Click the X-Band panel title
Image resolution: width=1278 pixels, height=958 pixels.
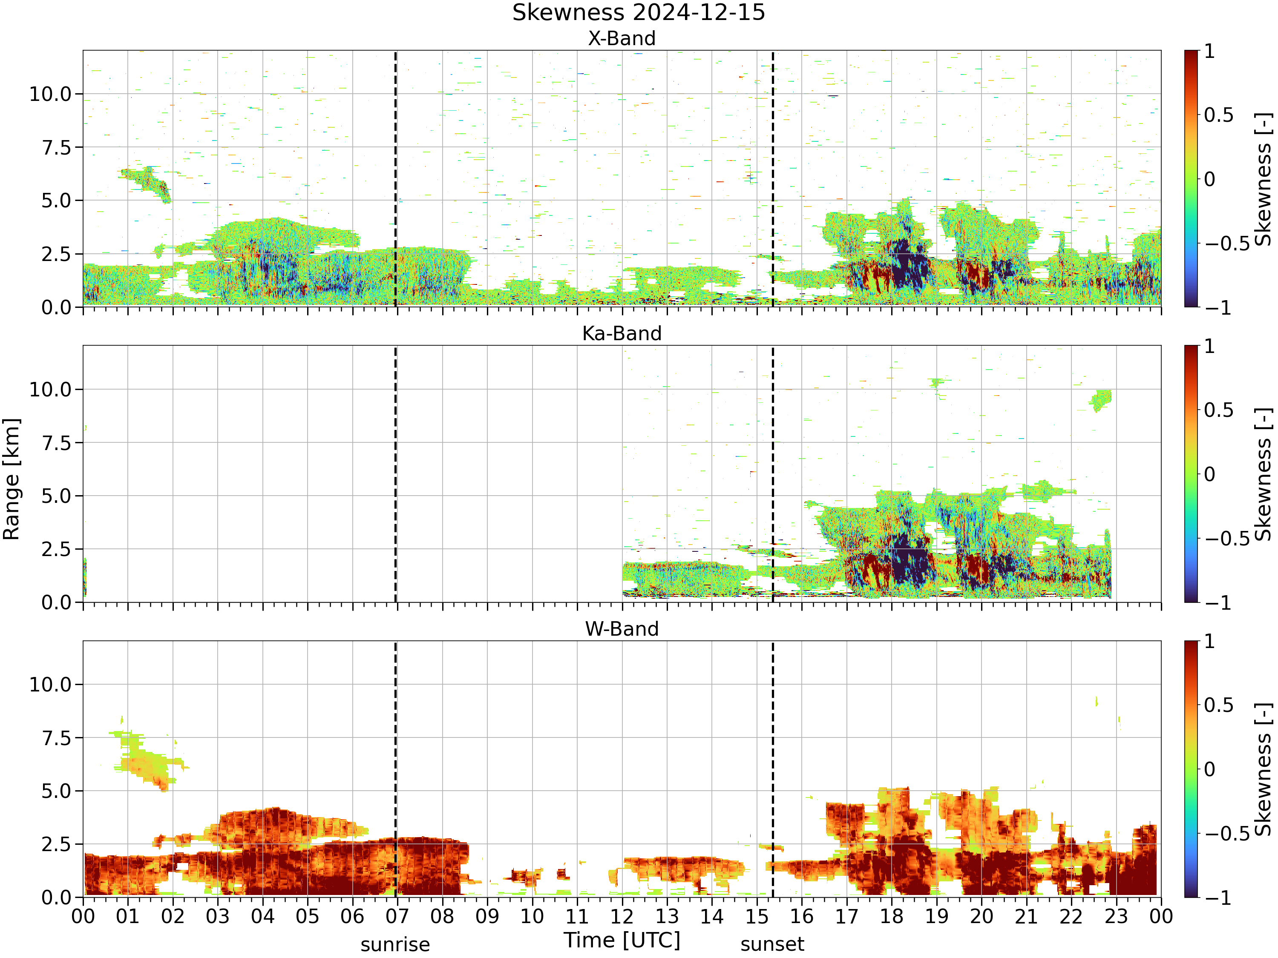(622, 39)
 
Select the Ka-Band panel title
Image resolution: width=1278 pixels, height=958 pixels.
(622, 334)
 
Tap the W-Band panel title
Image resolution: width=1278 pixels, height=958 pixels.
(622, 629)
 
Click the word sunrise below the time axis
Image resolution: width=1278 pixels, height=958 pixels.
(395, 945)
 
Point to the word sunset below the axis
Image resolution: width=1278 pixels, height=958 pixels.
(772, 945)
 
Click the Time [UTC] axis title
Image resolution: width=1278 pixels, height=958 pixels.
(622, 941)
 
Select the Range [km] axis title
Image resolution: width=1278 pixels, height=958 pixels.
(12, 479)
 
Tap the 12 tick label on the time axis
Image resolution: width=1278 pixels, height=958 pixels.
(622, 916)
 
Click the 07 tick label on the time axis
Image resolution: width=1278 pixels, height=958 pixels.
(397, 916)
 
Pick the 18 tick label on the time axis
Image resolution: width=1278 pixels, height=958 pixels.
(892, 916)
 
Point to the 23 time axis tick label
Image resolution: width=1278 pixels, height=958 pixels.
(1116, 916)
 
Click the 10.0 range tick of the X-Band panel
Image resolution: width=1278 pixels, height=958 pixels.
(50, 94)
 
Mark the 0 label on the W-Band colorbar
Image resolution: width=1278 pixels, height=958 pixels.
(1209, 769)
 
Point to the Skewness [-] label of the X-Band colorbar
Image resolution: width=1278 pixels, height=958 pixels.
(1264, 179)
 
